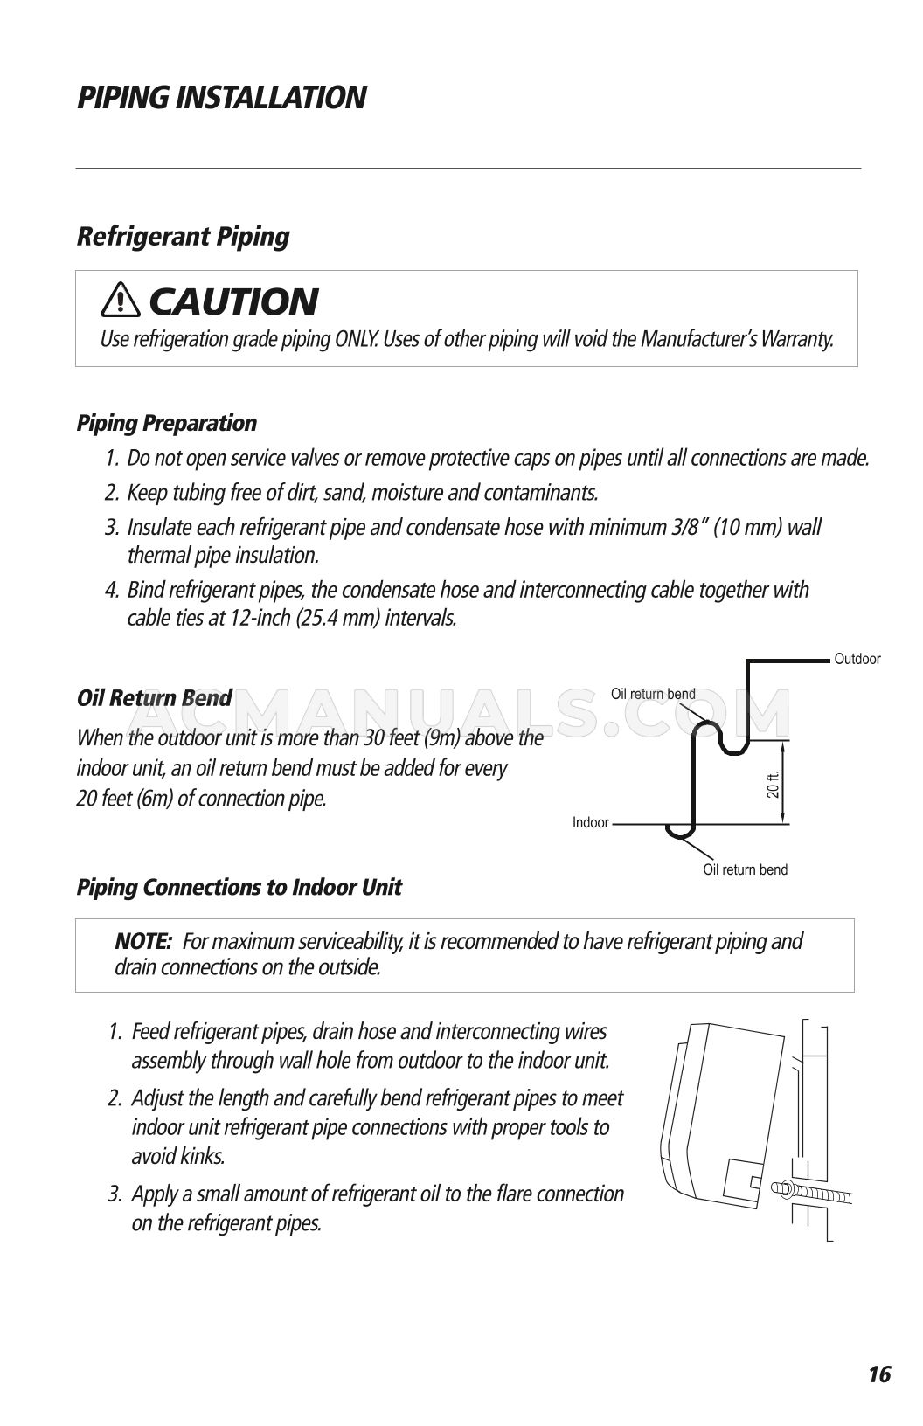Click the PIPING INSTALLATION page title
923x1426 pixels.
click(221, 97)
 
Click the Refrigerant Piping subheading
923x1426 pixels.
click(183, 236)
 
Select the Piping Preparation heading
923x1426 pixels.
click(166, 424)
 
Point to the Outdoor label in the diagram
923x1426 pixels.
click(857, 659)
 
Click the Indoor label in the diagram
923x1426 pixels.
click(590, 823)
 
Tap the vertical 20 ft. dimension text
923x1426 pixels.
click(773, 785)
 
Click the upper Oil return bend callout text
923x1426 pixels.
click(652, 694)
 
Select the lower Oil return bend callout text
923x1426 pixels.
click(745, 869)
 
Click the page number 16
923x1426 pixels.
click(878, 1374)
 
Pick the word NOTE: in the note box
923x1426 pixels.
click(142, 942)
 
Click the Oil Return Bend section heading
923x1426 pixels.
click(154, 698)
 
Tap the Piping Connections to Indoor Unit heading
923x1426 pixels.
click(239, 888)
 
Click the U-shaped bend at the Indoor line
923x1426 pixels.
click(679, 831)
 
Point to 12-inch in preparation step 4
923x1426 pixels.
click(259, 619)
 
